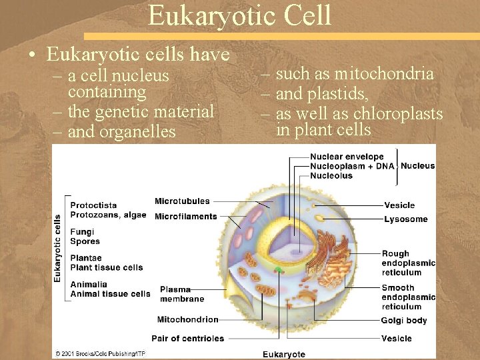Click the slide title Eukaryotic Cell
(239, 15)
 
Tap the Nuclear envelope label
(347, 157)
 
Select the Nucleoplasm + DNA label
(352, 166)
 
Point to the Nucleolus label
(331, 175)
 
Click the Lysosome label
(405, 219)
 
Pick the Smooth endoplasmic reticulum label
(408, 297)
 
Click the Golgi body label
(404, 321)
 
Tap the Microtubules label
(182, 201)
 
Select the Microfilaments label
(185, 216)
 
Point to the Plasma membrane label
(175, 294)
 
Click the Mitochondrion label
(188, 319)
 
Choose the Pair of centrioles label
(187, 338)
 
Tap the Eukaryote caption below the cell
(283, 354)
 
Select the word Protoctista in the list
(93, 205)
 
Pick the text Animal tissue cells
(110, 293)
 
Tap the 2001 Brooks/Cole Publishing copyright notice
(100, 353)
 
